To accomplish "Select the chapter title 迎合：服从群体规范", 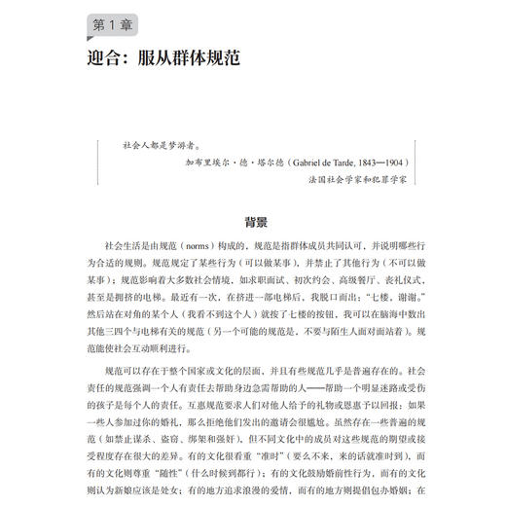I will click(x=161, y=57).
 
